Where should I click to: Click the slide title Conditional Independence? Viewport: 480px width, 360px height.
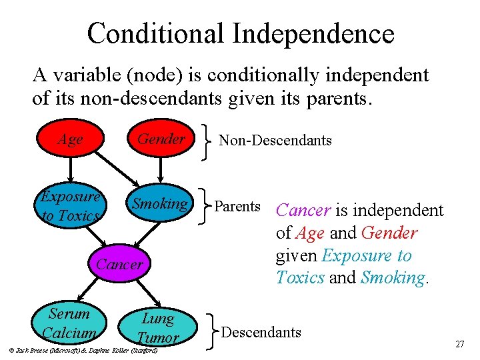pos(240,33)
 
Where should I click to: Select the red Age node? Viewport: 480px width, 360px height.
pos(70,139)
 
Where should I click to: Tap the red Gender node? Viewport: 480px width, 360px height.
pos(161,139)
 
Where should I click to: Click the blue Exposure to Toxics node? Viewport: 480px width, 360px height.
pos(70,206)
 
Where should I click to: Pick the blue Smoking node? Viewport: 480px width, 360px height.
pos(160,204)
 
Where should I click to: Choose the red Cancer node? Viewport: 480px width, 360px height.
pos(119,264)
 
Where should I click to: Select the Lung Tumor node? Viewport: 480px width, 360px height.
pos(158,327)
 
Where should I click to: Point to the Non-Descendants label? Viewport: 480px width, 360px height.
pos(275,140)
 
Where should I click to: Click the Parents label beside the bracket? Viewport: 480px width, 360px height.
pos(237,206)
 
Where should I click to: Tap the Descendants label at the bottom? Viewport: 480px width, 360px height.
pos(261,332)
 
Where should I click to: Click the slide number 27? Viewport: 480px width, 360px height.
pos(459,344)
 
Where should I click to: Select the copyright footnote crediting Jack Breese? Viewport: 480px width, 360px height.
pos(80,350)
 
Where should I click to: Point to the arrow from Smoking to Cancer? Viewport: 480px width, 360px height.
pos(145,233)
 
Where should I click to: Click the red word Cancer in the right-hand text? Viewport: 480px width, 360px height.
pos(303,211)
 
